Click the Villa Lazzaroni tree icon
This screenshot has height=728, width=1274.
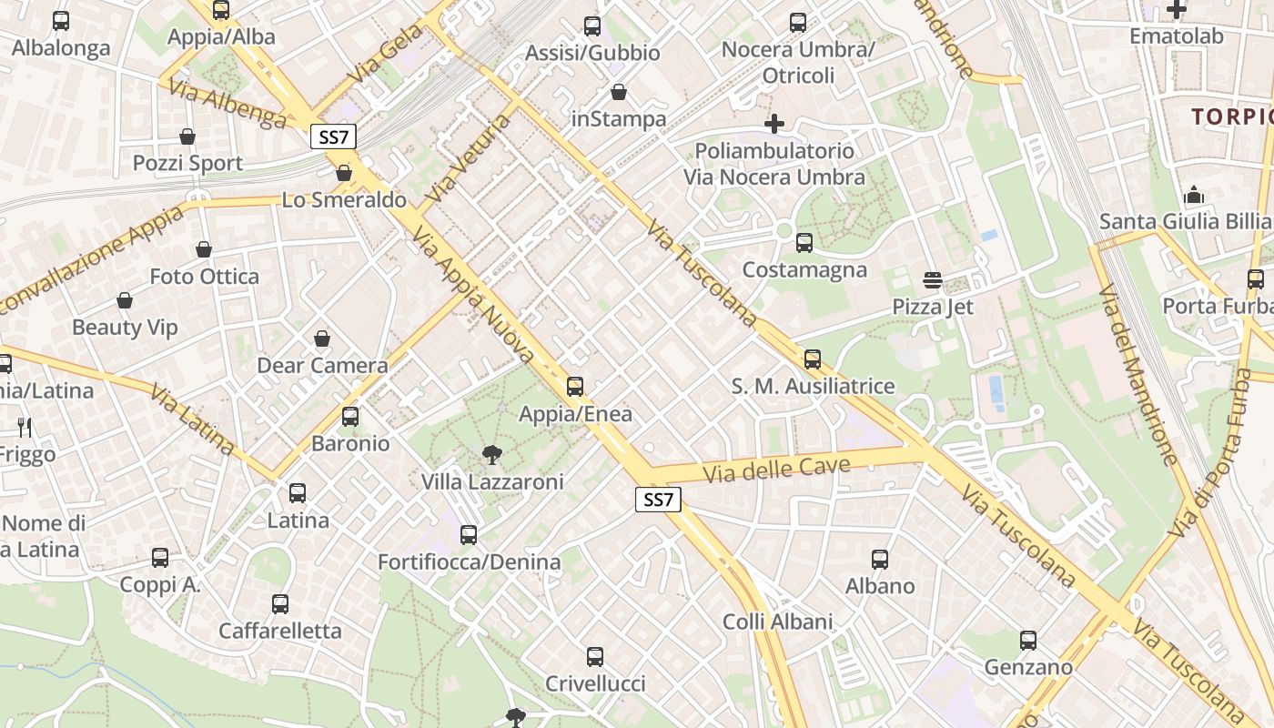491,454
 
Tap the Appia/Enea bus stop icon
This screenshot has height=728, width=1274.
575,387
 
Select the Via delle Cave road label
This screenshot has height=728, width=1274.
777,470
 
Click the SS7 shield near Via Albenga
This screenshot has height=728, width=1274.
333,137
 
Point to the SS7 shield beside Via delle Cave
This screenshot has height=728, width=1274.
658,499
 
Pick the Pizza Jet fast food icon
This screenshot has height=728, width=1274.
933,279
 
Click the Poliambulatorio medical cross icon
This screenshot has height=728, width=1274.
774,124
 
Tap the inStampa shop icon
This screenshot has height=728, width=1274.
619,92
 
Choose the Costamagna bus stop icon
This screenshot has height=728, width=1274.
804,243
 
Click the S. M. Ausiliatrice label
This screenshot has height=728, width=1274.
813,386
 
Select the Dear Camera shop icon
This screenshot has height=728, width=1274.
322,339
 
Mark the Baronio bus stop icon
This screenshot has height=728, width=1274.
350,418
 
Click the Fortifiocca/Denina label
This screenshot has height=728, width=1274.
470,561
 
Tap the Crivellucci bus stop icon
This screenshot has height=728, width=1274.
595,657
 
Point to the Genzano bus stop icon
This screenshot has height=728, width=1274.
1028,641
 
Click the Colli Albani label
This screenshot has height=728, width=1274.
777,622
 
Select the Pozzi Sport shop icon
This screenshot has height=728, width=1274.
187,137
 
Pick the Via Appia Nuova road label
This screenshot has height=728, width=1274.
472,295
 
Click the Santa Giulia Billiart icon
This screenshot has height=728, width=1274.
1194,196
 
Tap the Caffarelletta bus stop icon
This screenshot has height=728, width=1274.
280,604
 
